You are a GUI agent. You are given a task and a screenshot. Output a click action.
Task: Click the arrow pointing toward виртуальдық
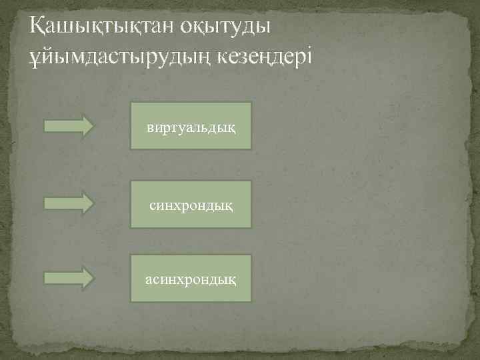(69, 125)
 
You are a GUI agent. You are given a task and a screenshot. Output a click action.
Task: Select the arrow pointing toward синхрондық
(69, 203)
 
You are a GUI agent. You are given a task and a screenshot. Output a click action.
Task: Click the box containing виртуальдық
(191, 125)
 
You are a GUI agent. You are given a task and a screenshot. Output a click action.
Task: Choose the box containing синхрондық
(191, 204)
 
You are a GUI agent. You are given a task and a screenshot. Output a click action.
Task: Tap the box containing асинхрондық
(191, 278)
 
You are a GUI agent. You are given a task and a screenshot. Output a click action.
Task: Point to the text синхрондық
(191, 204)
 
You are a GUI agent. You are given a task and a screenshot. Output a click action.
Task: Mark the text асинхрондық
(191, 278)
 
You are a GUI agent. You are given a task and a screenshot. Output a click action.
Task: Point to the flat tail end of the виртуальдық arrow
(45, 125)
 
